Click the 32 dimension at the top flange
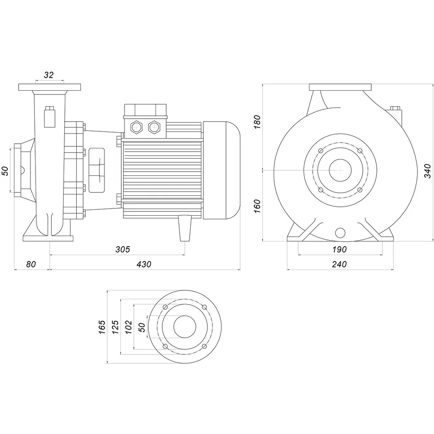pos(49,75)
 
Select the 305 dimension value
pos(122,249)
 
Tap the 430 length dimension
pos(144,264)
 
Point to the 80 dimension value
pos(31,264)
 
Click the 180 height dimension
pos(257,122)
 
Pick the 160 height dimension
pos(257,206)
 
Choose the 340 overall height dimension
pos(428,171)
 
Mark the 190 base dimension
pos(339,249)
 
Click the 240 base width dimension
pos(339,264)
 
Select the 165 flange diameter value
pos(102,327)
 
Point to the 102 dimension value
pos(128,327)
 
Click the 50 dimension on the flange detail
pos(142,327)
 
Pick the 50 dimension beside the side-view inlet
pos(5,171)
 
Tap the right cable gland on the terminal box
pos(154,127)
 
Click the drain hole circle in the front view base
pos(340,233)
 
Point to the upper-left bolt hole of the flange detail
pos(165,307)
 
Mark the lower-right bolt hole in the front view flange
pos(360,190)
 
